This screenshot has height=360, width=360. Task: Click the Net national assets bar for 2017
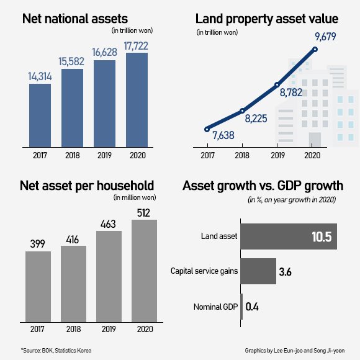click(40, 114)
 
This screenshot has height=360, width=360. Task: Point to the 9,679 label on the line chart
click(316, 37)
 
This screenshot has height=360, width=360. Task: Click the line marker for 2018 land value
click(242, 111)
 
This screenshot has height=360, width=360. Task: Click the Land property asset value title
click(261, 19)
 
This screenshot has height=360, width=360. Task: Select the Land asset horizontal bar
click(288, 236)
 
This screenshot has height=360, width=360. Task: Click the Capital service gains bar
click(258, 271)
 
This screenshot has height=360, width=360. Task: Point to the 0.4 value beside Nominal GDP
click(253, 306)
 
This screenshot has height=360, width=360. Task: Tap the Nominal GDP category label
click(215, 306)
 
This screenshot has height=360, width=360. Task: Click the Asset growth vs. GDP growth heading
click(261, 186)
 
